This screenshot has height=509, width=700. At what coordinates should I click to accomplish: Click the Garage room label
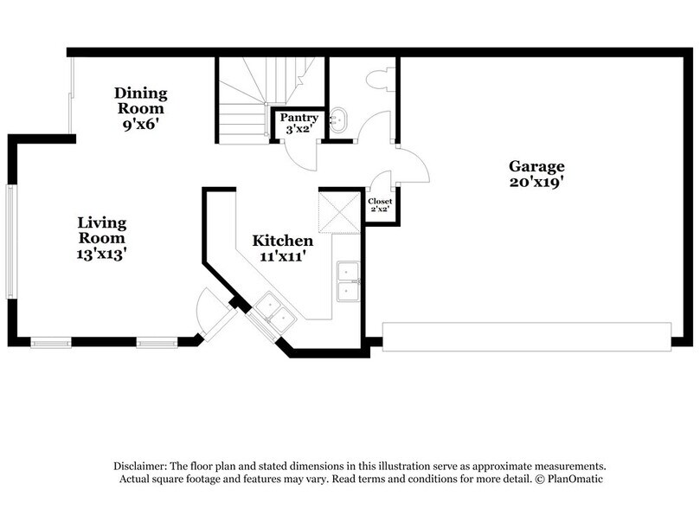[536, 166]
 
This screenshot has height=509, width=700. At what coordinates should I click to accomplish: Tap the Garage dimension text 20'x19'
[536, 182]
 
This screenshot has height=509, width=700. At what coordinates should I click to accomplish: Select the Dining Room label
[141, 100]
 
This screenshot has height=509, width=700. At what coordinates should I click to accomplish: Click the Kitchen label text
[283, 241]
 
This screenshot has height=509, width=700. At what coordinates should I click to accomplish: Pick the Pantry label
[299, 118]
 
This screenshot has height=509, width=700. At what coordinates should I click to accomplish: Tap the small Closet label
[380, 202]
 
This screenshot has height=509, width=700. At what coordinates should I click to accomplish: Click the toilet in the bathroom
[381, 80]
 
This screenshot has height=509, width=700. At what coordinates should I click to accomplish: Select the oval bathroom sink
[338, 119]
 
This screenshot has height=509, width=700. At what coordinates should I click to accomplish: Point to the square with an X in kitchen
[339, 213]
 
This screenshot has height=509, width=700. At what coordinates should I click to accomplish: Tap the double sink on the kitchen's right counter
[348, 281]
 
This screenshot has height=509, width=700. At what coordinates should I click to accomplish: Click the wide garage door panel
[527, 337]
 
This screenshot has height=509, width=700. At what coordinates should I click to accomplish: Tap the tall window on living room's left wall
[10, 242]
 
